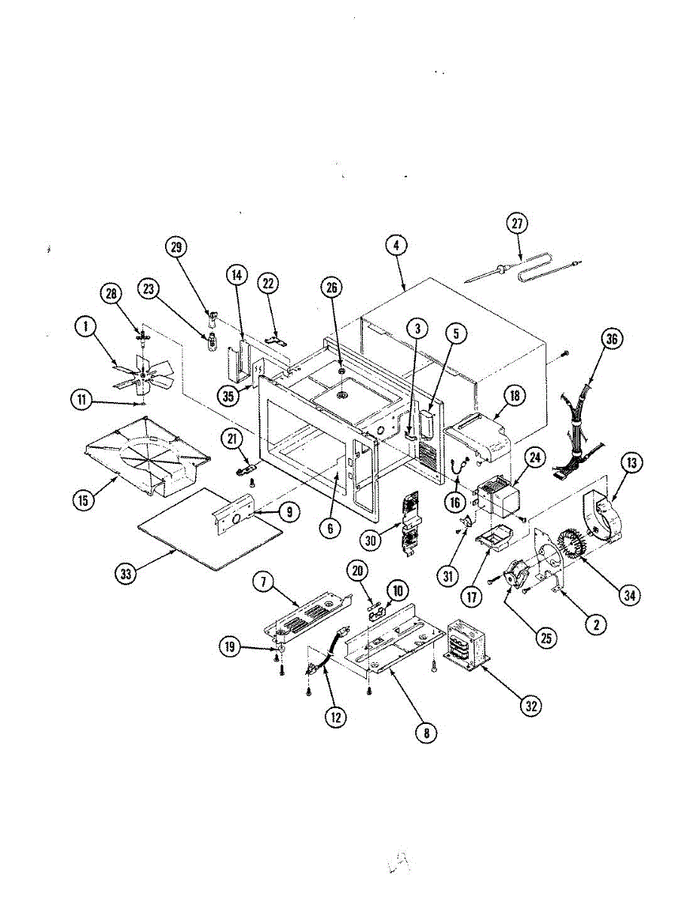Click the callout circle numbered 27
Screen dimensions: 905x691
pyautogui.click(x=517, y=223)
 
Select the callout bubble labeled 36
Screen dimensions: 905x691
pyautogui.click(x=611, y=340)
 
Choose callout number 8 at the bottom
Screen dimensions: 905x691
pyautogui.click(x=427, y=732)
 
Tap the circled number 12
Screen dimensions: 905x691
pyautogui.click(x=336, y=717)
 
